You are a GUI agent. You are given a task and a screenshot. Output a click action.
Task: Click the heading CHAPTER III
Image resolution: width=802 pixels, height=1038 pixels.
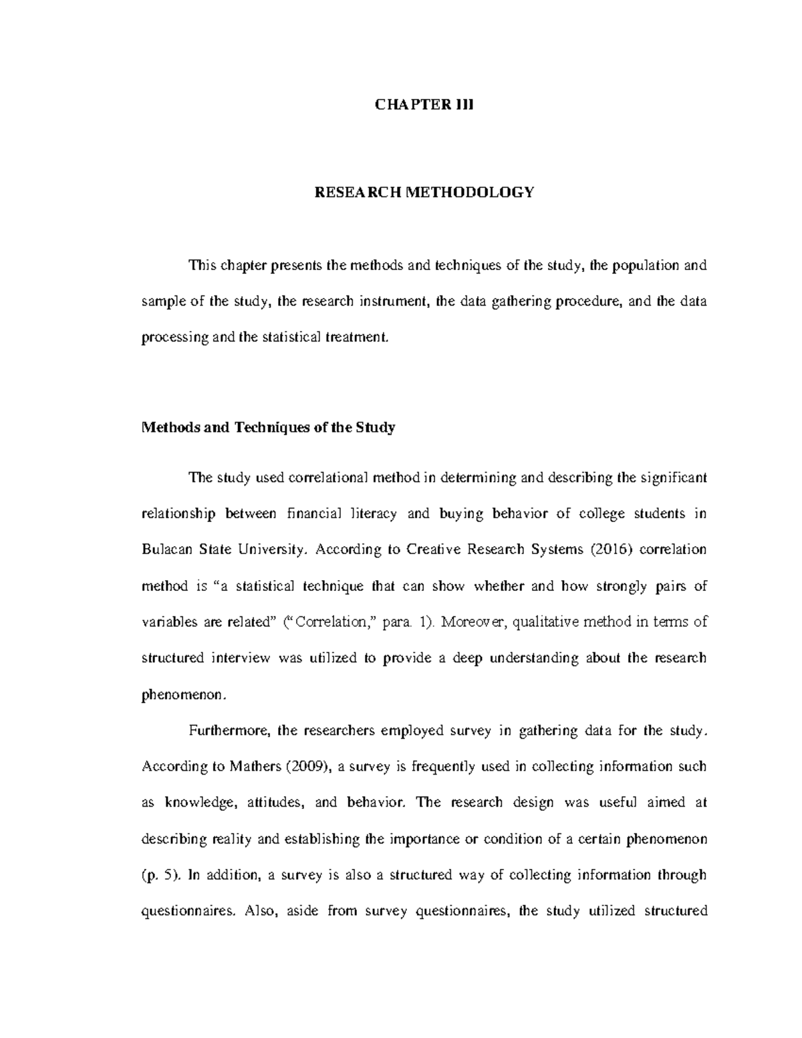click(424, 105)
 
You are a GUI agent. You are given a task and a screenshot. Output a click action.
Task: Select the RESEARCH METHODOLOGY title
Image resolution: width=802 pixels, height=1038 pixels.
click(424, 192)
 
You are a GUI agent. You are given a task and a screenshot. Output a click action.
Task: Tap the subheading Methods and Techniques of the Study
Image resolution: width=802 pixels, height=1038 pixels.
click(268, 428)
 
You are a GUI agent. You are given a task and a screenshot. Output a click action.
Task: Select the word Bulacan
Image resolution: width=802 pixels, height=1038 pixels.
click(166, 550)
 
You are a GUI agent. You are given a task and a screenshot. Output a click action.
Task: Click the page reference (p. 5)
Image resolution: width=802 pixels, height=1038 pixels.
click(160, 875)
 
